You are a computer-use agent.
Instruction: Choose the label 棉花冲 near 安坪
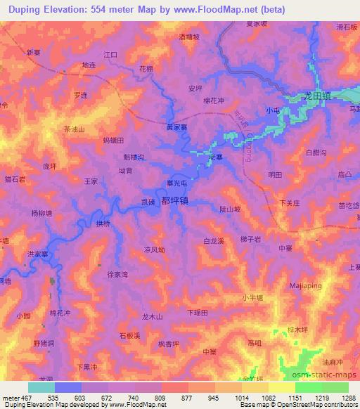[213, 100]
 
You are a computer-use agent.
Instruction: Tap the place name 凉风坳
[154, 249]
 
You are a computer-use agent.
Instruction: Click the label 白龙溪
[213, 241]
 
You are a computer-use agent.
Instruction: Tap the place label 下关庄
[290, 203]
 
